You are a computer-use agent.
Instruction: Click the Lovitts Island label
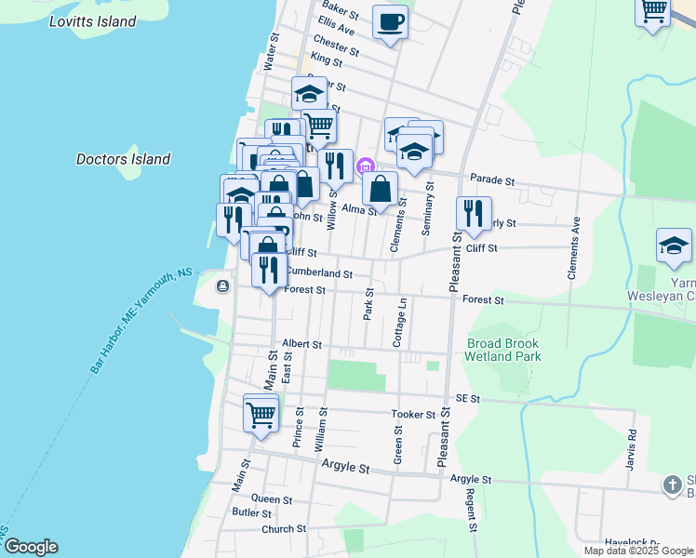click(93, 21)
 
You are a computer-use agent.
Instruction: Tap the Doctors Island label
click(123, 159)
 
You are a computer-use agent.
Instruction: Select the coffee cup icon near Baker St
click(390, 21)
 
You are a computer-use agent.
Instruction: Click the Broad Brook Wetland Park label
click(503, 350)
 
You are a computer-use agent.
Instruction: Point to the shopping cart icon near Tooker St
click(261, 413)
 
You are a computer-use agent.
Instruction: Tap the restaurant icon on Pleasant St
click(474, 214)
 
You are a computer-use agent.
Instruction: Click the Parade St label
click(492, 179)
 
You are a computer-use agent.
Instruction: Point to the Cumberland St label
click(318, 274)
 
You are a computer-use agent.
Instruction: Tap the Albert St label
click(301, 344)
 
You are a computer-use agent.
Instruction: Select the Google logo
click(30, 547)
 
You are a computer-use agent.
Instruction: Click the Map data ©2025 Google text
click(639, 551)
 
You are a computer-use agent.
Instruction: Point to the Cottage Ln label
click(402, 323)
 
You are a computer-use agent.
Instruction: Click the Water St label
click(271, 53)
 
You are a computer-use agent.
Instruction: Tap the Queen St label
click(272, 498)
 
